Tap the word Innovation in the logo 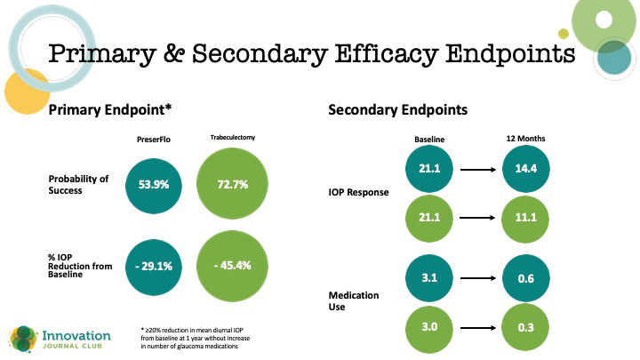coord(76,335)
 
